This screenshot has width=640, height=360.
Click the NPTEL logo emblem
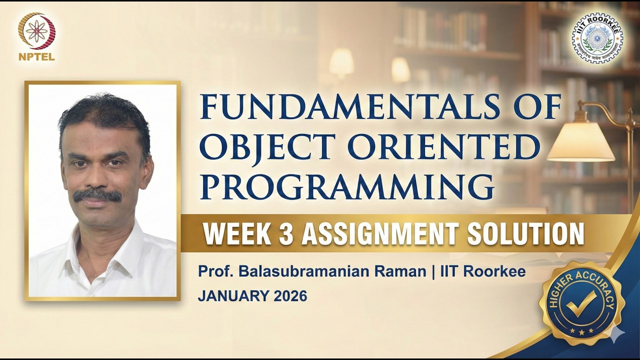coord(36,31)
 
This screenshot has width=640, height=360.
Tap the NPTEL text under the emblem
coord(36,56)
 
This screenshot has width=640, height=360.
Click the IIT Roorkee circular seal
coord(597,38)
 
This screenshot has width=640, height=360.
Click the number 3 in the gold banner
coord(285,233)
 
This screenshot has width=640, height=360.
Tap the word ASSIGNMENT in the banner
coord(379,233)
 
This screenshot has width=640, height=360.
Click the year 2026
coord(290,296)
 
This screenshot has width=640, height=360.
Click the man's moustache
coord(97,195)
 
